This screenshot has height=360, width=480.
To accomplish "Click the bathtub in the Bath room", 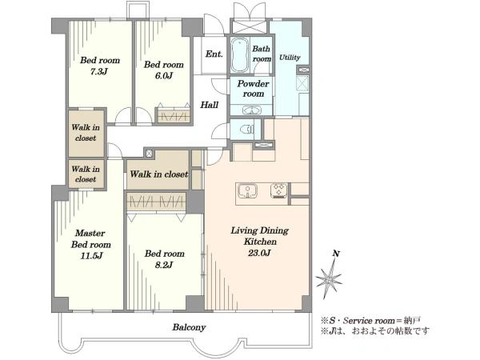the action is click(240, 55).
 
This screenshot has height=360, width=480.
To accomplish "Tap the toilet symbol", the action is click(246, 130).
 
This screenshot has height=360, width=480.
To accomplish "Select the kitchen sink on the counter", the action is click(247, 190).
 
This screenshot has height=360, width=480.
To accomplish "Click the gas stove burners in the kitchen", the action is click(279, 190).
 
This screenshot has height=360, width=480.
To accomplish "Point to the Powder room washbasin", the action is click(252, 110).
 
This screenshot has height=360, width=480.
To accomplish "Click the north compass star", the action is click(329, 278).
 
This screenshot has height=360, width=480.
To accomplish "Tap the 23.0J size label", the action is click(259, 253).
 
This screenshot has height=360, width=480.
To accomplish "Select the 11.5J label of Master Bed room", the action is click(91, 255).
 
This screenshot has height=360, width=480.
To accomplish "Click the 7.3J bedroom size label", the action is click(99, 72).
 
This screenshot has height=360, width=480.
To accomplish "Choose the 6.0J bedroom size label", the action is click(164, 75).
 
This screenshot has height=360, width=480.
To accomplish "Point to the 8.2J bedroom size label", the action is click(164, 265).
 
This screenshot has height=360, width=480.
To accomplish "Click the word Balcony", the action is click(189, 327).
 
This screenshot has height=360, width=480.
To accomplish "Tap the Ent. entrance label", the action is click(214, 54).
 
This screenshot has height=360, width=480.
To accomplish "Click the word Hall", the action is click(210, 105).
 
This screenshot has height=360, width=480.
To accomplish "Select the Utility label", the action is click(290, 58).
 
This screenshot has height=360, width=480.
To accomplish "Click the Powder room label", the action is click(253, 89).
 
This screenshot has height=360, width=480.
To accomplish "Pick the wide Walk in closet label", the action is click(159, 174).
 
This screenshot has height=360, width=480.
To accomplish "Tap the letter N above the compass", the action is click(336, 254).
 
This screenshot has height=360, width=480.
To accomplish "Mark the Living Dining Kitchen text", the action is click(260, 236).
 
